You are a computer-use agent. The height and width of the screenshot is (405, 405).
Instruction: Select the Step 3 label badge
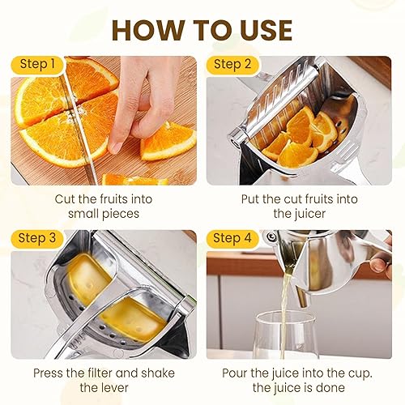click(36, 238)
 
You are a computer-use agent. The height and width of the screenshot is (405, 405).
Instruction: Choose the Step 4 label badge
click(233, 238)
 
